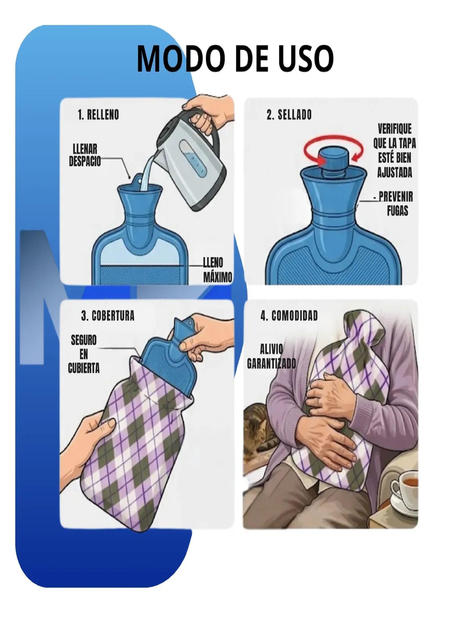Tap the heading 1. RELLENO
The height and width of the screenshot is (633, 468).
[98, 115]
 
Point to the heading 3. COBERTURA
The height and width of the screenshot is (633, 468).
[108, 316]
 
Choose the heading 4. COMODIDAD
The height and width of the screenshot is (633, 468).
[289, 316]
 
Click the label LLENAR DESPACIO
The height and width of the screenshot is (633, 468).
[85, 155]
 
